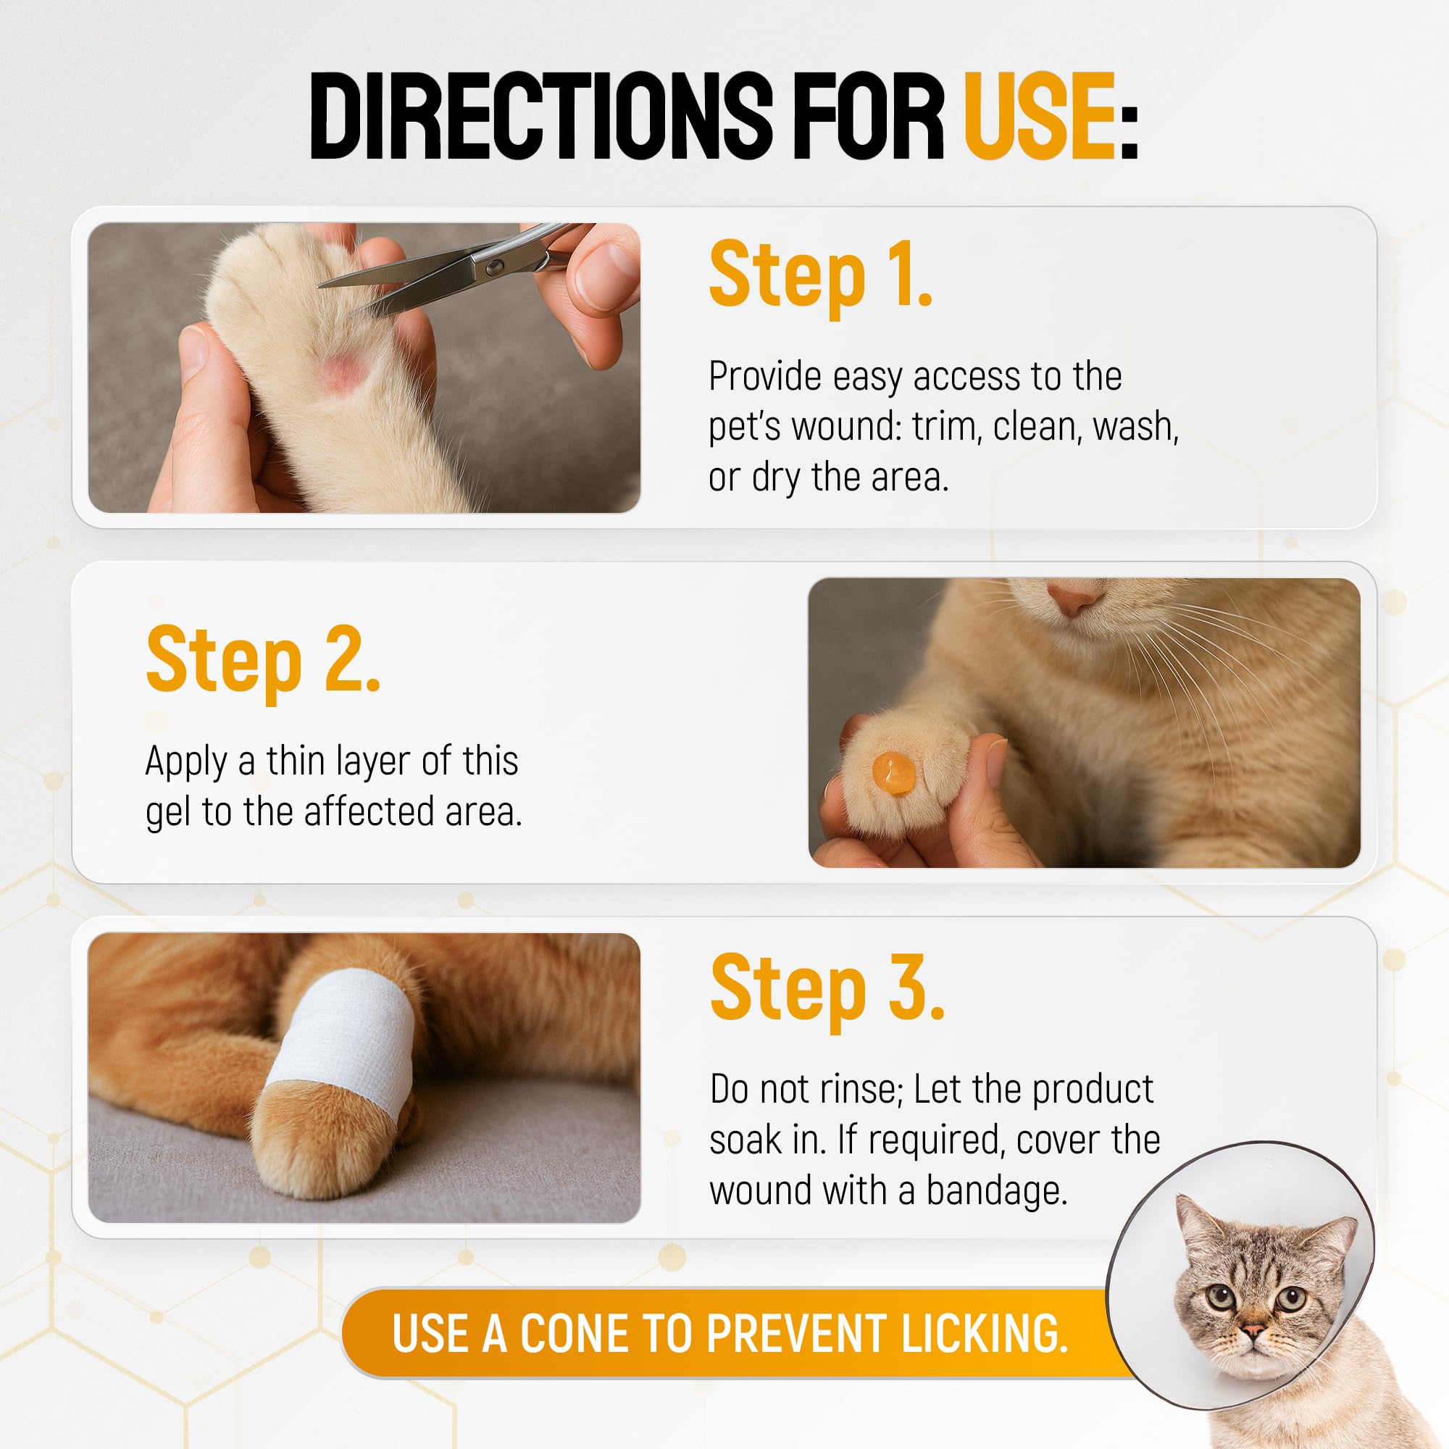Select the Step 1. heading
click(821, 275)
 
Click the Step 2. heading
click(263, 661)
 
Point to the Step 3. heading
click(827, 988)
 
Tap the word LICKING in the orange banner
click(984, 1334)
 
